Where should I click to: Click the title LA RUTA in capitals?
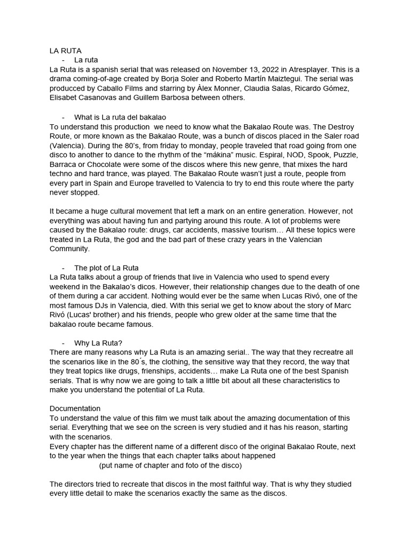(65, 51)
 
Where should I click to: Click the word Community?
(70, 249)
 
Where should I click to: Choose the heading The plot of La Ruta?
(106, 268)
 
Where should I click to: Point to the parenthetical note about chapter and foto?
(170, 465)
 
